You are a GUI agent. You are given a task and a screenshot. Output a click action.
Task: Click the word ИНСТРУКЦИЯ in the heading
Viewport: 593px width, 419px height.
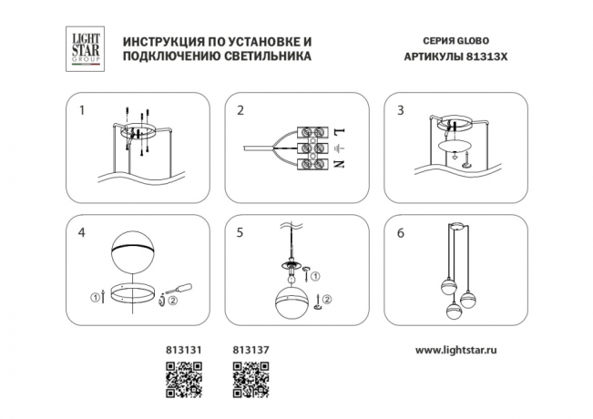(161, 42)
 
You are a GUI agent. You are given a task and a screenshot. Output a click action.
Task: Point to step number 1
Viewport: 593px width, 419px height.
(82, 111)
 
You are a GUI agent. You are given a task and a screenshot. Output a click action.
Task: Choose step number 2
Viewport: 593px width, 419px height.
(240, 111)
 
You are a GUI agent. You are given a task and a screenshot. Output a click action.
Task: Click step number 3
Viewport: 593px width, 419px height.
(400, 111)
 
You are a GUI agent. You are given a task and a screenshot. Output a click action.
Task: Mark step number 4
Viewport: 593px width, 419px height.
(82, 233)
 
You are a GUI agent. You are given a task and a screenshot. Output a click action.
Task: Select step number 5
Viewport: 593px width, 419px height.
(240, 233)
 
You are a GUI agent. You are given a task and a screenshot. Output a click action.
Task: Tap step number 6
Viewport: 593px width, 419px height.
(400, 233)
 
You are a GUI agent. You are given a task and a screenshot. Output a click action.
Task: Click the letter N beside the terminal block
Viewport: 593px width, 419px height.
(338, 164)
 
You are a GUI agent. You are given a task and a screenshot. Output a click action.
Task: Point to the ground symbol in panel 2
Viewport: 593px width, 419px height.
(338, 147)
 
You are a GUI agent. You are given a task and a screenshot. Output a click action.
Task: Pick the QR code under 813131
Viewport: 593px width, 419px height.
(181, 379)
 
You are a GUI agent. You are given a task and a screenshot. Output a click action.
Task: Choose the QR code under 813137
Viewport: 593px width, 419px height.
(250, 379)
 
